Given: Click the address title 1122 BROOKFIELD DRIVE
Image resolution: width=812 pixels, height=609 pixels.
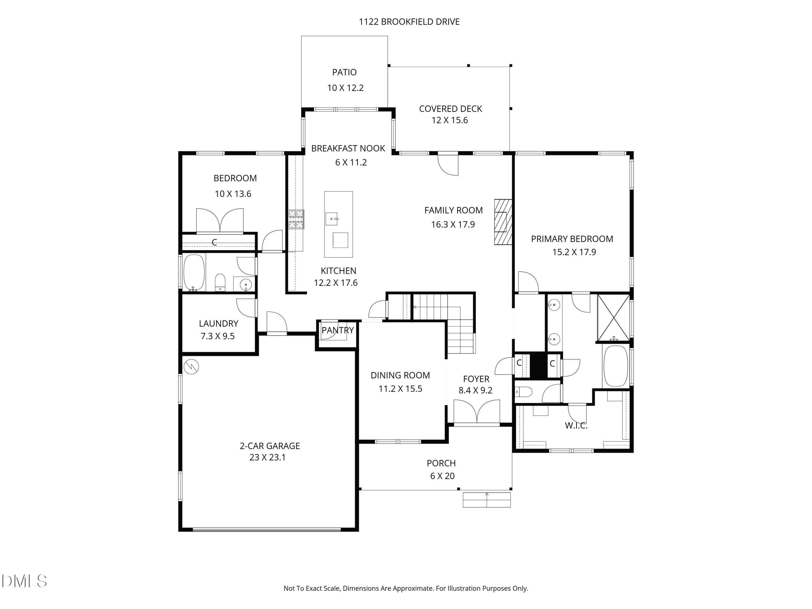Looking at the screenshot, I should [409, 22].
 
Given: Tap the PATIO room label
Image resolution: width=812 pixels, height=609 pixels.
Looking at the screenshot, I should [344, 72].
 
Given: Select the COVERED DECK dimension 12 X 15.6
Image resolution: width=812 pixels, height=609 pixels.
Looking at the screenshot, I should [449, 120].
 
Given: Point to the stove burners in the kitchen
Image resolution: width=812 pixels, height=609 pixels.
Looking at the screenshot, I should [296, 219].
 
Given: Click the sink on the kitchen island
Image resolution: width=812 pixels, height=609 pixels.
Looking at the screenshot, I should [332, 219].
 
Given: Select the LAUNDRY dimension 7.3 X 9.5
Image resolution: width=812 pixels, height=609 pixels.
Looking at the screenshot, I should [217, 336].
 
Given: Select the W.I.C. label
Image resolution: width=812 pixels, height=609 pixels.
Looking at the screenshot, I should [576, 425].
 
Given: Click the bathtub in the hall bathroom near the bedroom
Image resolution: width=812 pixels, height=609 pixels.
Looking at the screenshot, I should [194, 272].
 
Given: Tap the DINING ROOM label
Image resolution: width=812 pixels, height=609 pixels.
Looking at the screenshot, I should [400, 375].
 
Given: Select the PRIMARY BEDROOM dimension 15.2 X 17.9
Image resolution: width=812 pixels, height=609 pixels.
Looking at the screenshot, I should [574, 252].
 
